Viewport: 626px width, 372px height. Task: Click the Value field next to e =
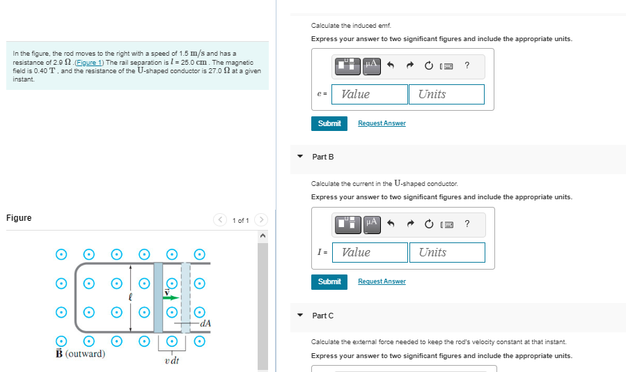click(x=370, y=94)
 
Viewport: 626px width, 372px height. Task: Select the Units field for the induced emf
click(x=451, y=94)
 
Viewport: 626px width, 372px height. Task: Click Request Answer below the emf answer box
click(x=382, y=123)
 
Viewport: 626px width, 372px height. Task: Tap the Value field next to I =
click(x=370, y=252)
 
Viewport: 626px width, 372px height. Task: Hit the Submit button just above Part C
click(x=329, y=281)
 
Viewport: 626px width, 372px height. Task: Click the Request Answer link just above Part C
click(x=382, y=281)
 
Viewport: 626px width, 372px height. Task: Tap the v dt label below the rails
click(x=172, y=360)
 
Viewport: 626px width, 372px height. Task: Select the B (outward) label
click(x=80, y=354)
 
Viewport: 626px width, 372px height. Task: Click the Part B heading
click(x=322, y=157)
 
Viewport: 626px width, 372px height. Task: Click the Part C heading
click(x=322, y=316)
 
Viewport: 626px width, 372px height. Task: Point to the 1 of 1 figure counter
click(x=240, y=220)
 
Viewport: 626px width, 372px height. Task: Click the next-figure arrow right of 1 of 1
click(x=261, y=220)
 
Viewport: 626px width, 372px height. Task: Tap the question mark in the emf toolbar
click(x=467, y=65)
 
